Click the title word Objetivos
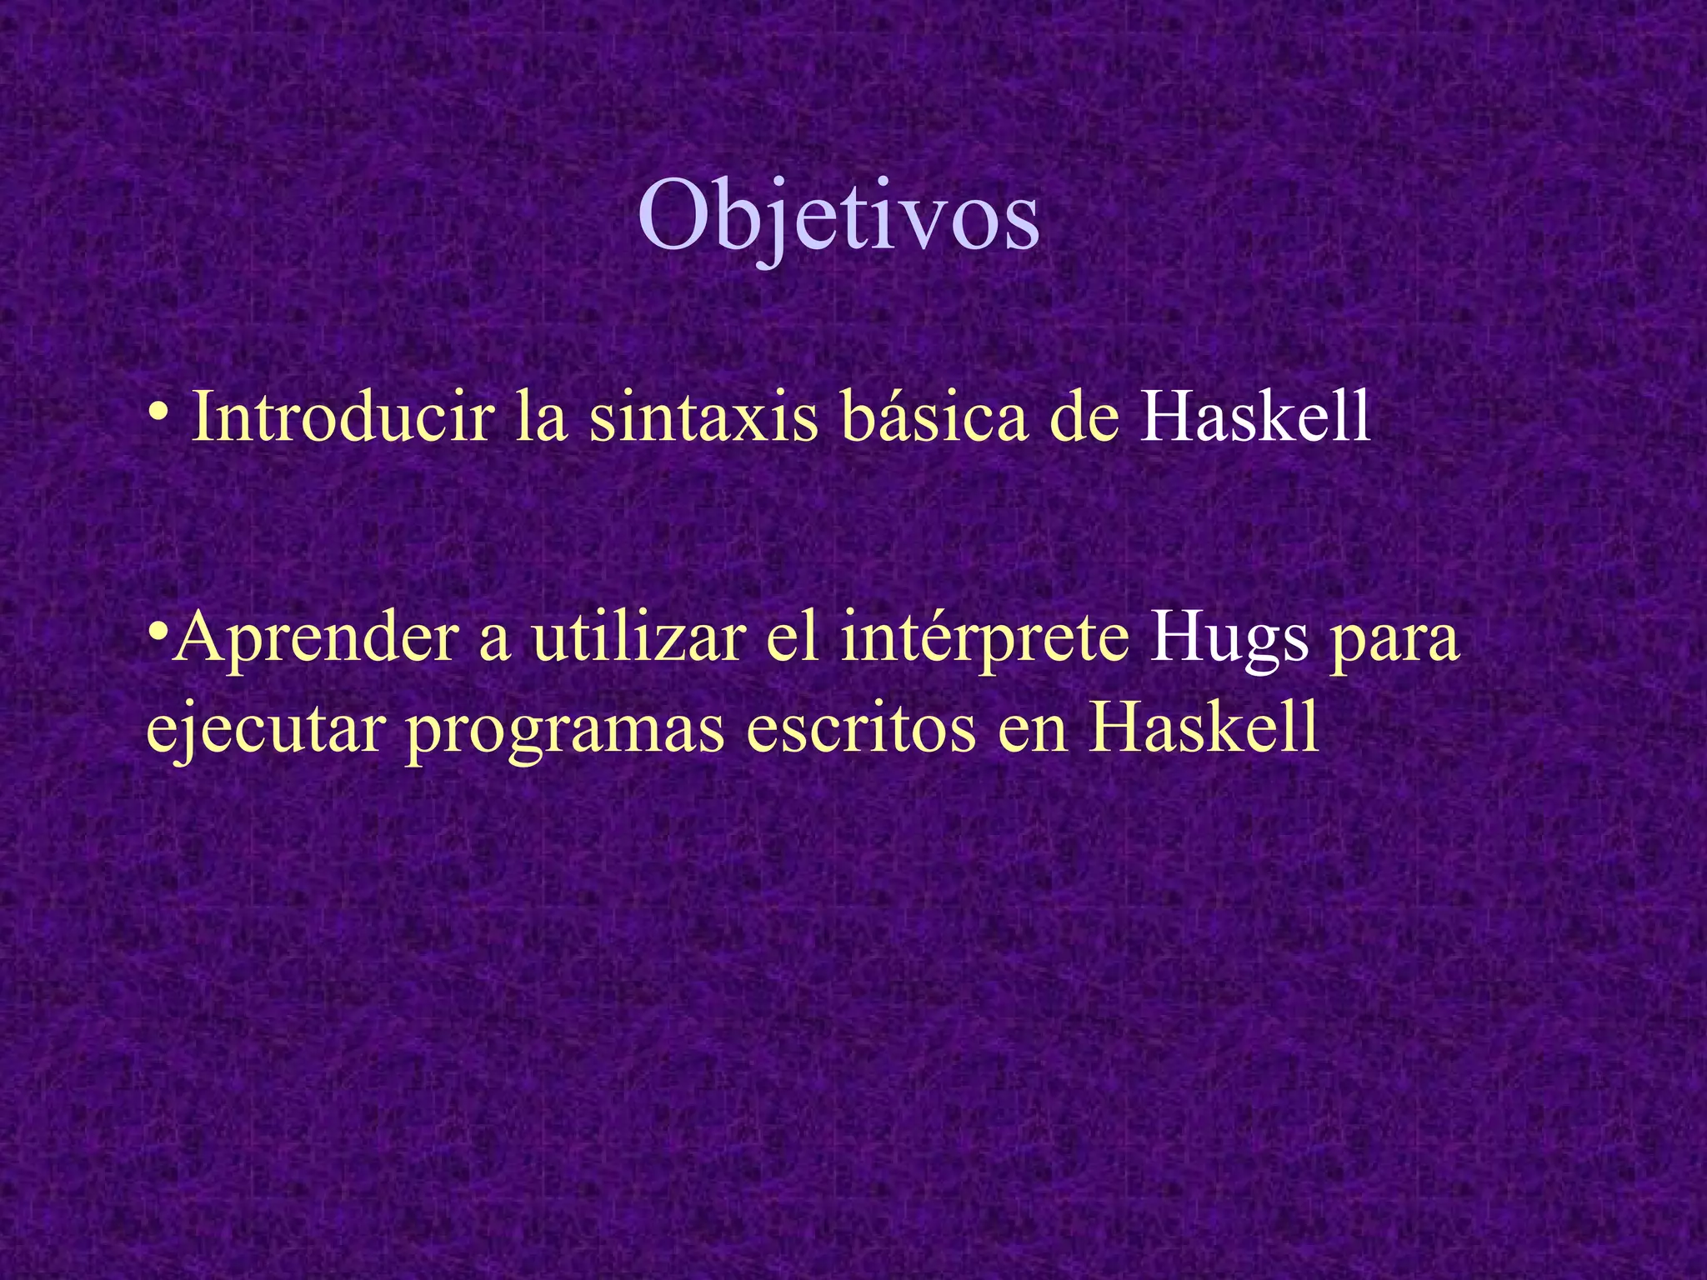(838, 219)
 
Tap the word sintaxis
(703, 416)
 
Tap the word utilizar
(638, 637)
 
